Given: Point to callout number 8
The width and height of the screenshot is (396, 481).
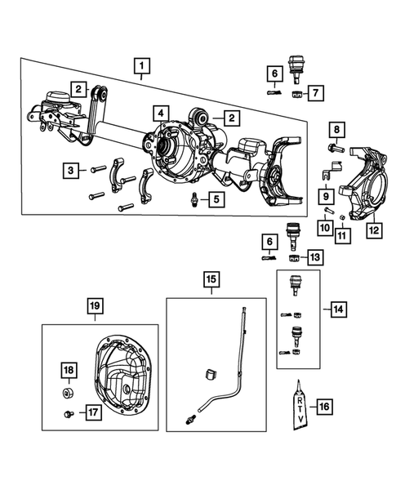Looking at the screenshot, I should pyautogui.click(x=337, y=128).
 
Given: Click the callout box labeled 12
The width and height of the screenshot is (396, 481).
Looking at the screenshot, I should pyautogui.click(x=372, y=230).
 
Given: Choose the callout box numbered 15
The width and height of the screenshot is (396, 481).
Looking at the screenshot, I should pyautogui.click(x=210, y=282).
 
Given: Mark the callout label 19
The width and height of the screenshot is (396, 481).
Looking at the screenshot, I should pyautogui.click(x=95, y=306).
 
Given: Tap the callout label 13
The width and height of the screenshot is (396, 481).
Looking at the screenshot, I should pyautogui.click(x=314, y=256).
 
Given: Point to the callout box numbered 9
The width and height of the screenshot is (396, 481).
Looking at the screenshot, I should pyautogui.click(x=324, y=196).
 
